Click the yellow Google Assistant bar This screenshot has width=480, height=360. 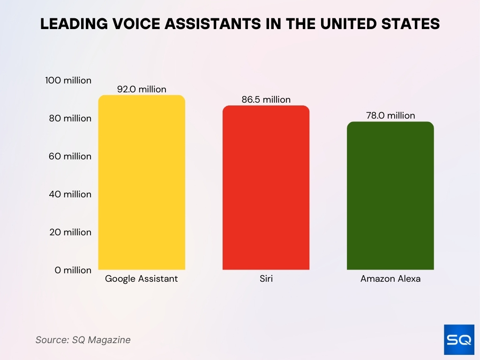point(142,183)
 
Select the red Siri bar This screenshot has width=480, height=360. point(266,187)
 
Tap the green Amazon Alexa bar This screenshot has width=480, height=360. point(390,196)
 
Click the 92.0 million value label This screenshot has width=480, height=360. point(142,89)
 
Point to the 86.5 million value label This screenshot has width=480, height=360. point(266,99)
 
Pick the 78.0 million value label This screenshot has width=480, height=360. point(390,115)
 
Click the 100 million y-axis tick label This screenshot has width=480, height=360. point(68,81)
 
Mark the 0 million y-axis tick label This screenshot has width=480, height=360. point(73,270)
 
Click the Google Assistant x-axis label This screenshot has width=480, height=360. point(142,279)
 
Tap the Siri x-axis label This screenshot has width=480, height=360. point(266,279)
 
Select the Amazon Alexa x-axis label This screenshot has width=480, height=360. point(390,279)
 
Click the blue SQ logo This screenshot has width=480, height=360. point(459,339)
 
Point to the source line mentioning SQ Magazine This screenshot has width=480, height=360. point(83,340)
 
